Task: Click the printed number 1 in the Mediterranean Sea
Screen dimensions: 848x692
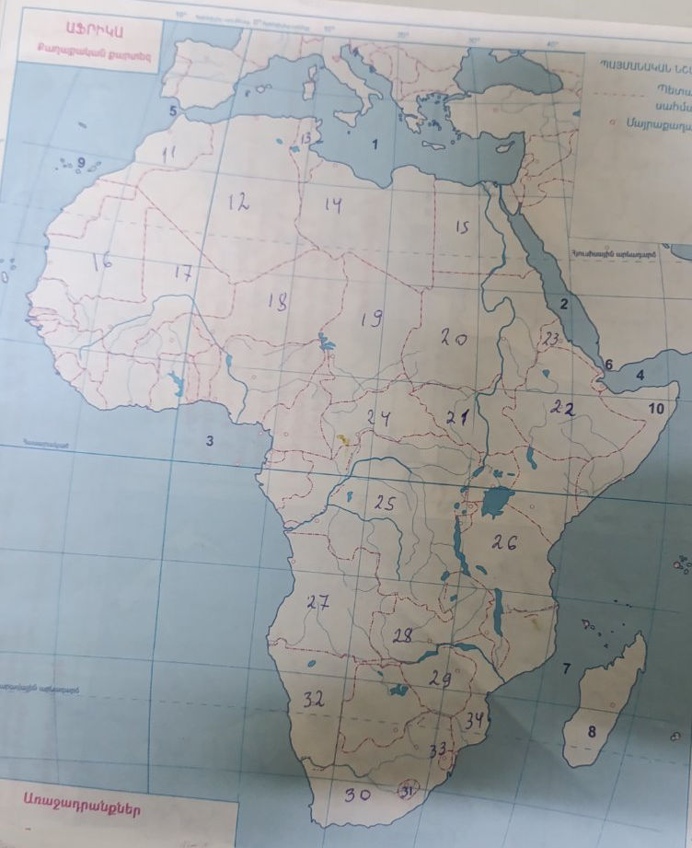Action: [x=374, y=145]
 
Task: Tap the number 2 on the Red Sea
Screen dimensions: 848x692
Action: [x=565, y=304]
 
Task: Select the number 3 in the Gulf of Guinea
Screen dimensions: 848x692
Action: [x=209, y=441]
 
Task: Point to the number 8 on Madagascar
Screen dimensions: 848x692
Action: [x=592, y=732]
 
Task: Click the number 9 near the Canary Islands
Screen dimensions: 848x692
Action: [x=80, y=163]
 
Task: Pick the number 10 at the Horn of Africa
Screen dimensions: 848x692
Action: [x=657, y=407]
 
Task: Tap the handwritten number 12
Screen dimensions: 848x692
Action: [x=238, y=203]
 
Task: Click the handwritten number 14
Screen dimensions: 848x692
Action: [x=333, y=205]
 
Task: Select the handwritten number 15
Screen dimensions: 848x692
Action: [x=462, y=227]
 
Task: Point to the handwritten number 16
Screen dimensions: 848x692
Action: [x=101, y=261]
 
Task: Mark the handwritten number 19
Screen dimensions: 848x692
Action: [x=372, y=319]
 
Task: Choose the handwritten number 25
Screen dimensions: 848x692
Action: [x=385, y=504]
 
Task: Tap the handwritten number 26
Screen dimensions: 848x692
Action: [x=504, y=542]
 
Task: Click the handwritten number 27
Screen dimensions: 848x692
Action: [x=318, y=603]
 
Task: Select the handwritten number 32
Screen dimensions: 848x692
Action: [x=314, y=700]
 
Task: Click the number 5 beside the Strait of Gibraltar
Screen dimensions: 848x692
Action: [x=172, y=111]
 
